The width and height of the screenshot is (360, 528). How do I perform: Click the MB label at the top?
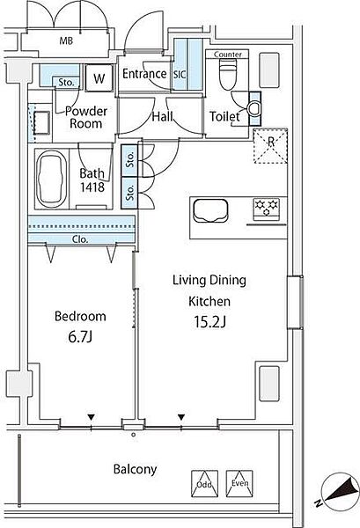coord(66,41)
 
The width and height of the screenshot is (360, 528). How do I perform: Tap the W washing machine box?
coord(99,78)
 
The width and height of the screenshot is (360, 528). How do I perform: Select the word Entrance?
coord(144,74)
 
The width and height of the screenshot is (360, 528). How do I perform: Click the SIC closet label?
coord(180,75)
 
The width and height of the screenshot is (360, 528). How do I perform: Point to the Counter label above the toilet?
coord(228,55)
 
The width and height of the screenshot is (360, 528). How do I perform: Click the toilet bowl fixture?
coord(228,74)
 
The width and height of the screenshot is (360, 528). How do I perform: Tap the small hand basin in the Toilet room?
coord(254,108)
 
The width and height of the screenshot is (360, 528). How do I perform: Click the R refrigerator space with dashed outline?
coord(270,145)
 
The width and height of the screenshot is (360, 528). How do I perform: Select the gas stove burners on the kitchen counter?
coord(266,208)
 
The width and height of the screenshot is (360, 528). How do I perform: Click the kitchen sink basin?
coord(210,211)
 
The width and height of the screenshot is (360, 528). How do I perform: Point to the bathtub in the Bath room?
coord(52,179)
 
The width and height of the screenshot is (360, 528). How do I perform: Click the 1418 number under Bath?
coord(92,187)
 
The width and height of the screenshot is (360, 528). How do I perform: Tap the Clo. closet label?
coord(80,239)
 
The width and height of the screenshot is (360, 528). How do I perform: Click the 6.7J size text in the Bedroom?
coord(80,337)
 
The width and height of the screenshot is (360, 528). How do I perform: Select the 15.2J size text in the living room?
coord(209,322)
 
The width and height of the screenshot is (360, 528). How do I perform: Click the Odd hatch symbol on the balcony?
coord(204,484)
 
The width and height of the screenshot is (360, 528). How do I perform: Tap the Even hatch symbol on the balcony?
coord(239,483)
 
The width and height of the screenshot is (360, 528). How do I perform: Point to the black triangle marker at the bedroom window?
coord(91,417)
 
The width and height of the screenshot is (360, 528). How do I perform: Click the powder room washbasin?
coord(41,123)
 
